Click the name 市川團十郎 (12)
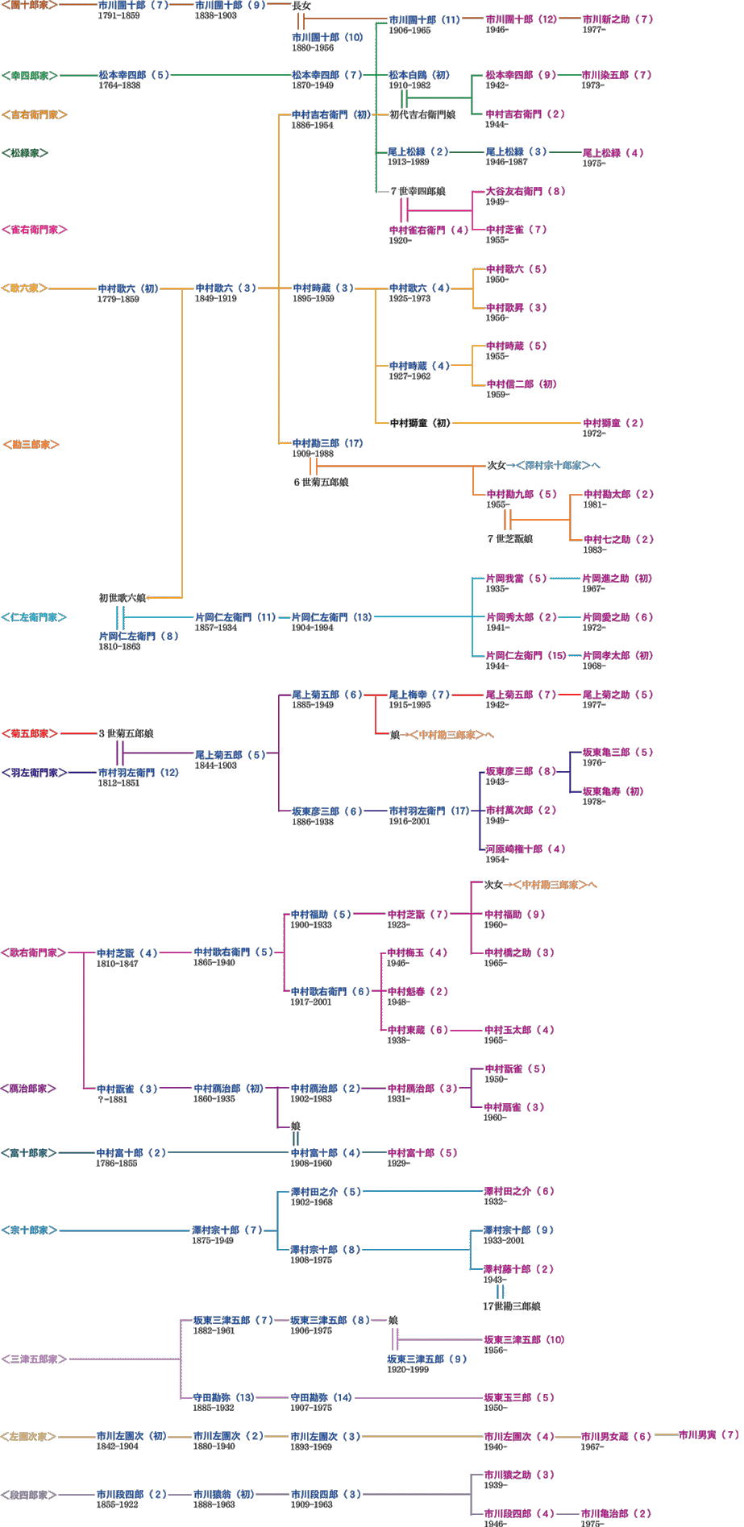[521, 19]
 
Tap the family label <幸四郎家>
[30, 75]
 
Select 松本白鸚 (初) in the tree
[419, 75]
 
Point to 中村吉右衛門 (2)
[525, 114]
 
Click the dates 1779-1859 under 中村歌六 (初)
[118, 299]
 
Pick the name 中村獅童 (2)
[613, 423]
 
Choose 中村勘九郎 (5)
[522, 494]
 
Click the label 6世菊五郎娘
[321, 482]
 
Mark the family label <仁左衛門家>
[34, 617]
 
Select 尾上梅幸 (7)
[419, 695]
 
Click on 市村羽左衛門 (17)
[429, 811]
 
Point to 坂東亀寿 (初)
[613, 791]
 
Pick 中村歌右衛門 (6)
[330, 991]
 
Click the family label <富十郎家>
[29, 1153]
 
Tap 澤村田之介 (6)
[519, 1191]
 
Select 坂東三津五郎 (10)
[524, 1340]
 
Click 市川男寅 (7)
[709, 1435]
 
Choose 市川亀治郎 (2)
[616, 1513]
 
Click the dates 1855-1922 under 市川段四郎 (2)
[117, 1504]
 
